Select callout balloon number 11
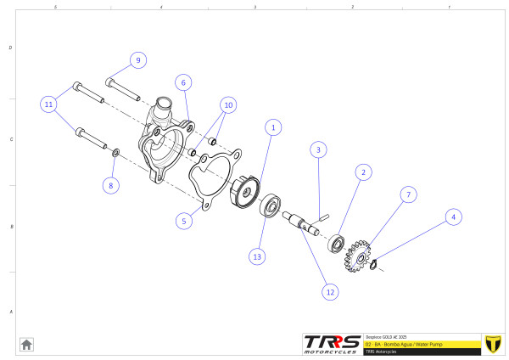coord(50,104)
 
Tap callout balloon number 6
coord(182,82)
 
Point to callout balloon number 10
coord(227,105)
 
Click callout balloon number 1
coord(272,127)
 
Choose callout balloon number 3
coord(317,149)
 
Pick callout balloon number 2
coord(362,172)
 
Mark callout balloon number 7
coord(408,194)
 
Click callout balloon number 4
coord(453,217)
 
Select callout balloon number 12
coord(329,290)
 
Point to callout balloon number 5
coord(182,221)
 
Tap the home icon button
coord(26,344)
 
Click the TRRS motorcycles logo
coord(332,343)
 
